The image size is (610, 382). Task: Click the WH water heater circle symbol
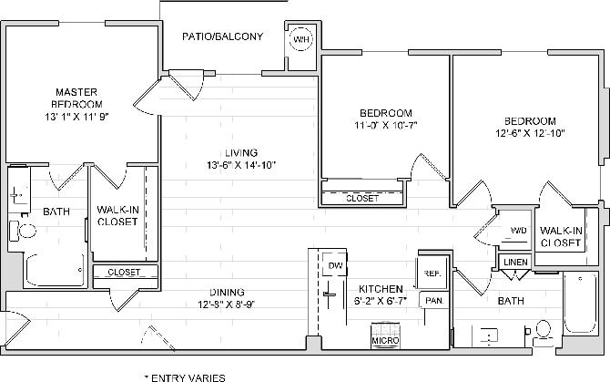(300, 39)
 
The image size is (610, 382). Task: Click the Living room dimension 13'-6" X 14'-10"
(241, 165)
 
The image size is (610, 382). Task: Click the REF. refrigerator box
(431, 274)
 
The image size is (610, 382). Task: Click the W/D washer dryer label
(518, 231)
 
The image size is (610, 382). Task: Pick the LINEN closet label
(515, 263)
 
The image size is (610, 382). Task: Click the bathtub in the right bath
(578, 305)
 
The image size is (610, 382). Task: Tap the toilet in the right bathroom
(544, 330)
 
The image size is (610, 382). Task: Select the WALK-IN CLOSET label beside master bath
(117, 215)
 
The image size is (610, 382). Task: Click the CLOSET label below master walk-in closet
(124, 272)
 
